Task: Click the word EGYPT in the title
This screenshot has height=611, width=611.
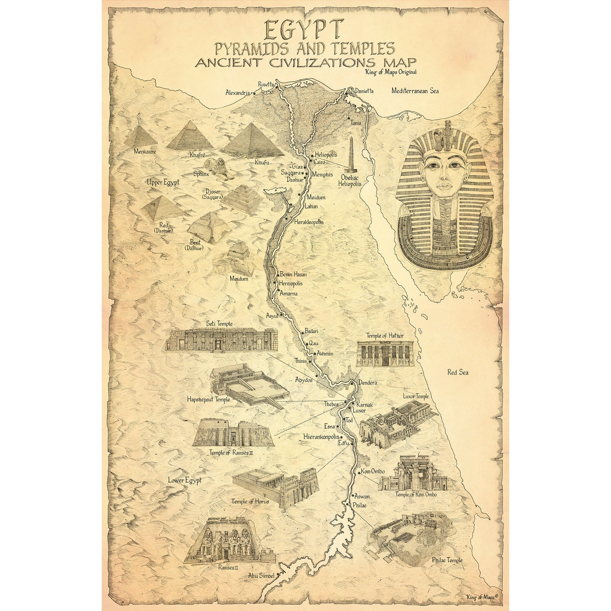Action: point(304,30)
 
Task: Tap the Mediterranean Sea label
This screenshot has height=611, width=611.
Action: point(415,91)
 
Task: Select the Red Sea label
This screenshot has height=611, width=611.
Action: point(457,372)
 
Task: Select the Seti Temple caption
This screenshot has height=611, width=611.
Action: point(219,324)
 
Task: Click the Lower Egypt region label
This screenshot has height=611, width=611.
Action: point(185,481)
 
